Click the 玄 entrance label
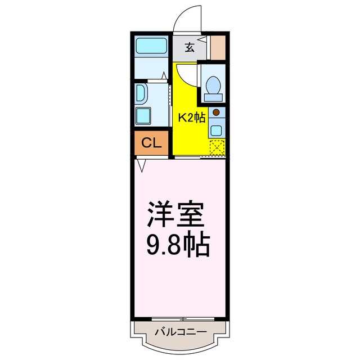190,48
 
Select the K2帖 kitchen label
191,118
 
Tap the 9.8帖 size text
179,245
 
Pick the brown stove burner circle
216,111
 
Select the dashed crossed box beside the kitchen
217,147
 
